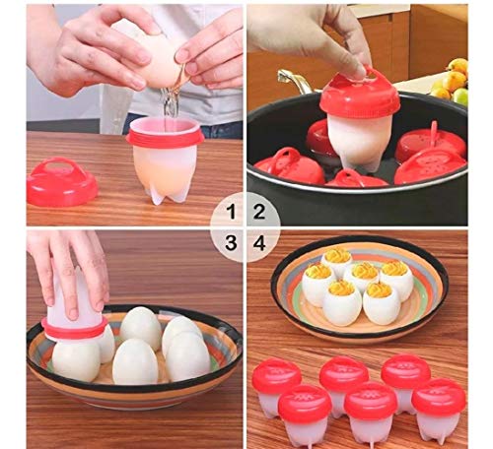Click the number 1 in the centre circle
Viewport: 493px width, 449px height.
coord(233,210)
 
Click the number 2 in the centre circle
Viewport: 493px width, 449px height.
coord(260,210)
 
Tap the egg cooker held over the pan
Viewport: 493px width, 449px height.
coord(359,123)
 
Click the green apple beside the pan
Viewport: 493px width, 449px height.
coord(460,96)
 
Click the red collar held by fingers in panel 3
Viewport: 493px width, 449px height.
coord(74,324)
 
